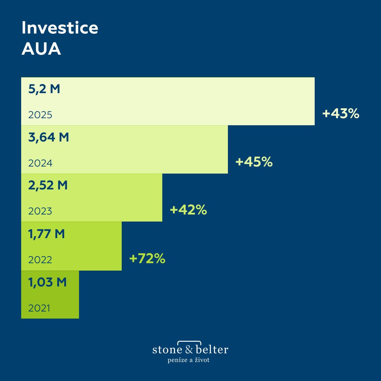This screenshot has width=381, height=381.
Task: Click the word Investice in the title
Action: click(x=60, y=28)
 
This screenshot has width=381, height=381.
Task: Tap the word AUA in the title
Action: click(x=41, y=49)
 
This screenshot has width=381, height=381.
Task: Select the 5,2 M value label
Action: click(x=44, y=89)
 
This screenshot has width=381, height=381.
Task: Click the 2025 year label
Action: click(x=40, y=115)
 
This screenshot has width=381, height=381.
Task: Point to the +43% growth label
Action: click(x=340, y=114)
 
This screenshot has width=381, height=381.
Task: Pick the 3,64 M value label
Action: click(x=49, y=137)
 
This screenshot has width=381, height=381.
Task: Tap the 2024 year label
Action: click(x=40, y=163)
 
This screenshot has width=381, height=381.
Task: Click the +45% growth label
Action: click(x=254, y=162)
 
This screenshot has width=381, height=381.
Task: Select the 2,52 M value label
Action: click(x=48, y=185)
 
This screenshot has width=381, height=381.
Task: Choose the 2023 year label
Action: click(x=40, y=211)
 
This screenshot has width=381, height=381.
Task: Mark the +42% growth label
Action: click(x=188, y=210)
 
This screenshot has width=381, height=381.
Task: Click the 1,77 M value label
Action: click(x=47, y=234)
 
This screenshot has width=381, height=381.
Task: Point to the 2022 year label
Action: click(x=40, y=260)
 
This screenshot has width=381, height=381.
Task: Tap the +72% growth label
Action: click(x=147, y=259)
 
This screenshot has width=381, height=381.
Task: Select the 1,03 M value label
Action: click(x=47, y=282)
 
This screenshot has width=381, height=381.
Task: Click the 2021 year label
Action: click(x=39, y=308)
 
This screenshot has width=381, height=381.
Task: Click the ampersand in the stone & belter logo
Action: click(x=189, y=350)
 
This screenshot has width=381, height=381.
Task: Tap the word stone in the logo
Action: click(x=168, y=350)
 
